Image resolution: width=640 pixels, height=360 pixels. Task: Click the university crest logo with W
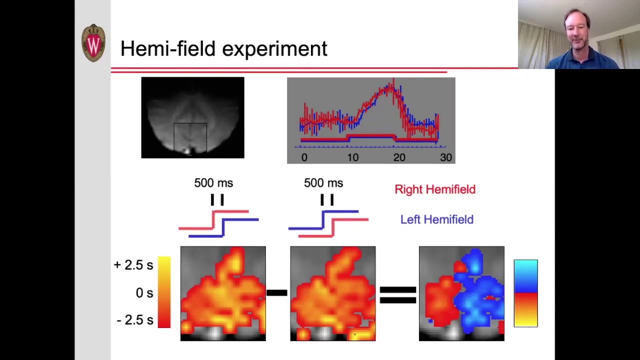[93, 43]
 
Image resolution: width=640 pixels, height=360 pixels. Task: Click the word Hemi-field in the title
[168, 49]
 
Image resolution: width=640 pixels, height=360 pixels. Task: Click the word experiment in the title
[274, 49]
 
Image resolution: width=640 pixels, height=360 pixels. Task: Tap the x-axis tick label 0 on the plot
[304, 157]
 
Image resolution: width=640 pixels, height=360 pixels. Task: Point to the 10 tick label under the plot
[352, 157]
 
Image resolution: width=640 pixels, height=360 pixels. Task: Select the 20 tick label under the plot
[399, 157]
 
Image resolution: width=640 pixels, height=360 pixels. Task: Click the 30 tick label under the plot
[445, 157]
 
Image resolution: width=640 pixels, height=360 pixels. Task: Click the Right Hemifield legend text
[434, 189]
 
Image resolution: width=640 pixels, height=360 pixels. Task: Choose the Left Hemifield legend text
[436, 219]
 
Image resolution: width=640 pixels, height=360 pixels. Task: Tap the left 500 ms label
[213, 183]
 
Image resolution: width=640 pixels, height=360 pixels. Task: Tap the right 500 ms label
[323, 183]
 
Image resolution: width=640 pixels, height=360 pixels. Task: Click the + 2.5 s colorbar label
[133, 265]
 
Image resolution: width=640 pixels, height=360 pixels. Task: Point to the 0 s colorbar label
[144, 293]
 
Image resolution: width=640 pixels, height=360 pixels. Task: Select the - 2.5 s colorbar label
[134, 320]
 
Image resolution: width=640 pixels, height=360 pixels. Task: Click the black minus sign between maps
[276, 293]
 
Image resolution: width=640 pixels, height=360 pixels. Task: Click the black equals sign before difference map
[397, 294]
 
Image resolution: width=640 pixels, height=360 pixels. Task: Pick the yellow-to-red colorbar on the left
[164, 292]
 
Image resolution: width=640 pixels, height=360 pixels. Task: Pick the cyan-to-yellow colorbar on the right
[525, 293]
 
